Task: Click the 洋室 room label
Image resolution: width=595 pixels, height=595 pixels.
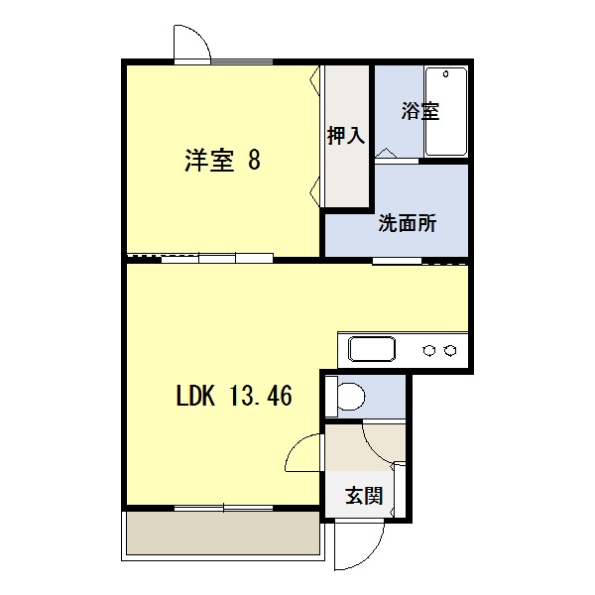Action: click(x=209, y=160)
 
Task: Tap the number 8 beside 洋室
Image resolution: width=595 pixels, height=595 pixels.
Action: click(x=254, y=160)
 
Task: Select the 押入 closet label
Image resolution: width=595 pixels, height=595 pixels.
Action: click(x=346, y=135)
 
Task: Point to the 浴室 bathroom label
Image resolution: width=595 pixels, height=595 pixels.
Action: click(x=420, y=111)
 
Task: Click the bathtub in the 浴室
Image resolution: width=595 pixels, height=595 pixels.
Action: click(x=446, y=111)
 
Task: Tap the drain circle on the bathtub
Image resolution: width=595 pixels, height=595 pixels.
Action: click(x=446, y=74)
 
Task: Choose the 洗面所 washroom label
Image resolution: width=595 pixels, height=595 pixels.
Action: click(x=408, y=223)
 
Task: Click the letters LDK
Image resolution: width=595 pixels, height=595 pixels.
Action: click(x=195, y=396)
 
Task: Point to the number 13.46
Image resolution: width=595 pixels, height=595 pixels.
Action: click(x=260, y=396)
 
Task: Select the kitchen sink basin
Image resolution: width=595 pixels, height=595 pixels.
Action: click(x=372, y=349)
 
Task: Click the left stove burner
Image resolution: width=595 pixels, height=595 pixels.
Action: click(x=428, y=350)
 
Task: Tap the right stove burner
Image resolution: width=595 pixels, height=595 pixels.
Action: click(x=450, y=350)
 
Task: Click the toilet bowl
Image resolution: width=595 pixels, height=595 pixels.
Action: click(x=351, y=397)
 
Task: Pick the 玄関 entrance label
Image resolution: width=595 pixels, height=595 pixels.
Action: click(x=364, y=496)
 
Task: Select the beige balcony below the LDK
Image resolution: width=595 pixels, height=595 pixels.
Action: click(x=223, y=533)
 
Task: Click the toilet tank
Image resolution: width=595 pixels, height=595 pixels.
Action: click(x=331, y=397)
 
